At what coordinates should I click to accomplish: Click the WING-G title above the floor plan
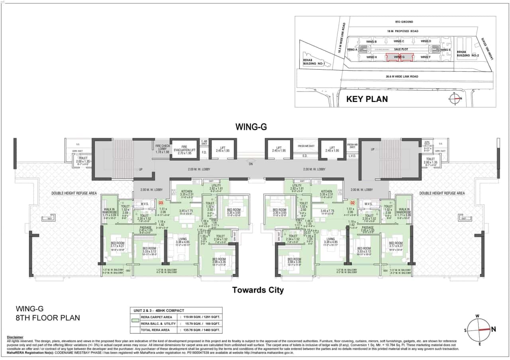pyautogui.click(x=251, y=127)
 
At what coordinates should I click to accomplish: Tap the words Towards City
pyautogui.click(x=258, y=290)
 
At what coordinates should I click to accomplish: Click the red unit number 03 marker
pyautogui.click(x=161, y=203)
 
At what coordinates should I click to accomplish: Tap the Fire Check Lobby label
pyautogui.click(x=162, y=149)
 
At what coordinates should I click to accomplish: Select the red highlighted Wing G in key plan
pyautogui.click(x=399, y=57)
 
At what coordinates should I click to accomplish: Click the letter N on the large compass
pyautogui.click(x=493, y=329)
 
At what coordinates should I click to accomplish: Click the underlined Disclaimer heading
pyautogui.click(x=15, y=337)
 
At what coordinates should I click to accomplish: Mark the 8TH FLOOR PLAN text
pyautogui.click(x=47, y=317)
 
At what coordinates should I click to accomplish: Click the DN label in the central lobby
pyautogui.click(x=251, y=164)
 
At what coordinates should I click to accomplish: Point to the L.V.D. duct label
pyautogui.click(x=352, y=156)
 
